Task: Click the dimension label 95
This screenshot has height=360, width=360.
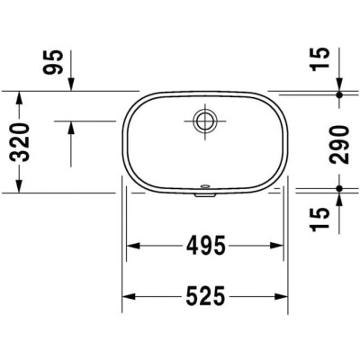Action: click(x=53, y=62)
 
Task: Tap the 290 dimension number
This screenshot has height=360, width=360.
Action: click(x=339, y=145)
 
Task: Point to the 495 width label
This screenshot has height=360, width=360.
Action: click(x=205, y=246)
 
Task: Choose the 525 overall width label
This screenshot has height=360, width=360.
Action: click(x=205, y=297)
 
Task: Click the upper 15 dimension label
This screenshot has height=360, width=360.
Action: click(x=320, y=59)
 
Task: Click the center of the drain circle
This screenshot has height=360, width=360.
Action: click(x=205, y=121)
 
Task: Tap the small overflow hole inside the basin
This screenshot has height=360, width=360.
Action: click(x=205, y=186)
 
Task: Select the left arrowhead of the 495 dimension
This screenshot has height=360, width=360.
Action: click(x=133, y=246)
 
